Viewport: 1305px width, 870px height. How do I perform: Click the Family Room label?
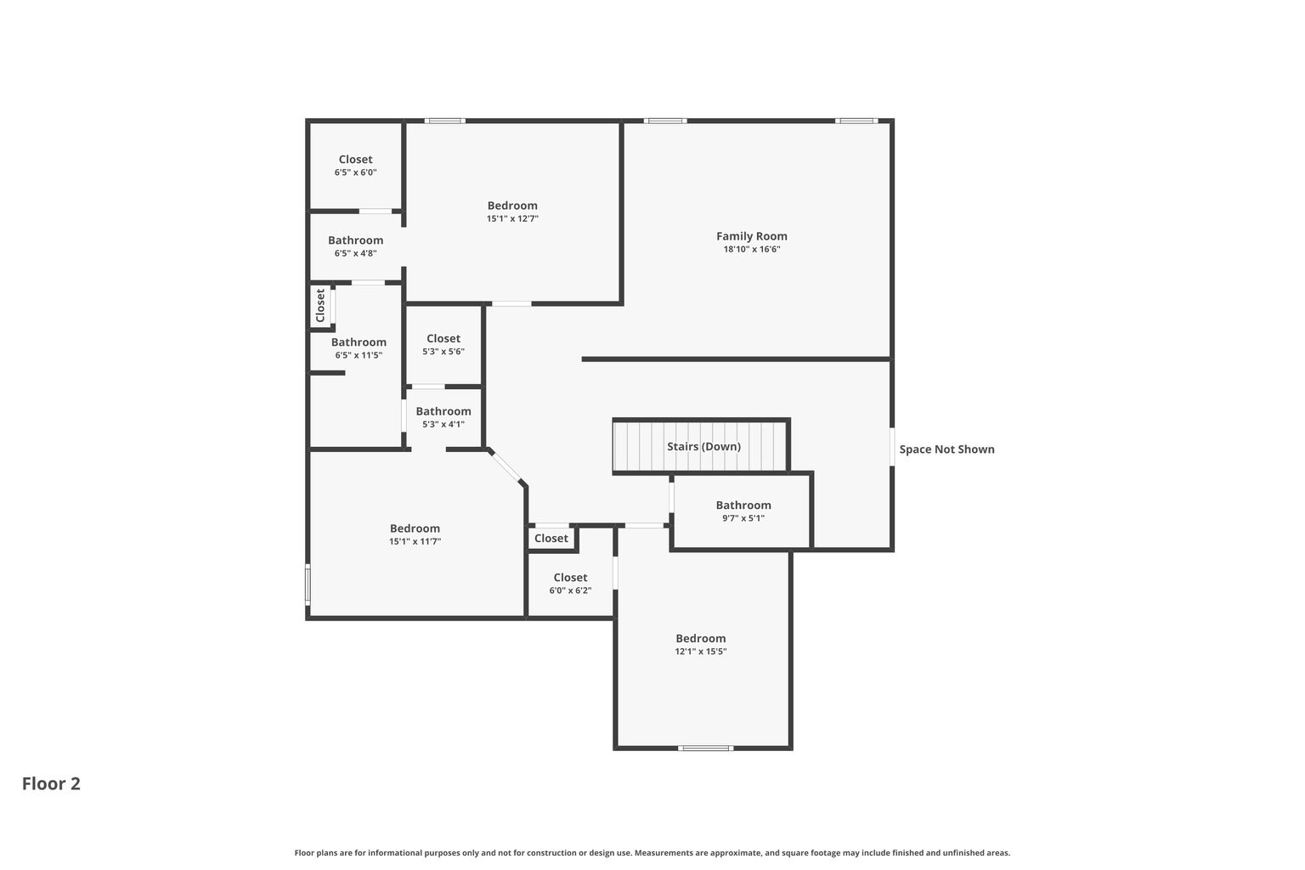[751, 236]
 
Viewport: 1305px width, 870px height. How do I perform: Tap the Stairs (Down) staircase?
[702, 446]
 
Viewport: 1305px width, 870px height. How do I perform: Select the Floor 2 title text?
[51, 783]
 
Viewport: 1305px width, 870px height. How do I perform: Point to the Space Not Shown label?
[946, 449]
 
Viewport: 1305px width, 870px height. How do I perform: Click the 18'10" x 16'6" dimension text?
[751, 250]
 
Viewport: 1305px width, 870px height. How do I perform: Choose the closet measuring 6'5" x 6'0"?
[355, 165]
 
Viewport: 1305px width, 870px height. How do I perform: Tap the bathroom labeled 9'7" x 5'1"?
[743, 511]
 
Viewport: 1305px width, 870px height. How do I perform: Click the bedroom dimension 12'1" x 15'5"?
[700, 652]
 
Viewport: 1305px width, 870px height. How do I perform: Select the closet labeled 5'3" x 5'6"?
[443, 344]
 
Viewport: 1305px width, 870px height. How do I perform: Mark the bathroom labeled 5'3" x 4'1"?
[443, 417]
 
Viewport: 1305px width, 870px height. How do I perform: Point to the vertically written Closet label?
[320, 306]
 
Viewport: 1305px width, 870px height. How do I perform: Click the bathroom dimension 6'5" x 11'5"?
[358, 356]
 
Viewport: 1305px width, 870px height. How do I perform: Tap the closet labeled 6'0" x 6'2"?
[569, 584]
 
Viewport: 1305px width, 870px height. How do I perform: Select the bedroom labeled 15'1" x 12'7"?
[511, 212]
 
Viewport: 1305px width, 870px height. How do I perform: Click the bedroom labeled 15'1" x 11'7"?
[415, 534]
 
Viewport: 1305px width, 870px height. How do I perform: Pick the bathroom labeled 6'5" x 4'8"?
[355, 246]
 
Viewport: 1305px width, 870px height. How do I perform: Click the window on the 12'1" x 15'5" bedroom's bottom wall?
[705, 749]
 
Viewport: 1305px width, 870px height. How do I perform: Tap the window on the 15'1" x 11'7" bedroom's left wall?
[308, 585]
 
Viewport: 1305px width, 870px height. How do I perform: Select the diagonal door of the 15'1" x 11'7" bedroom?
[507, 468]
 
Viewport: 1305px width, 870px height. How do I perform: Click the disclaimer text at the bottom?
[652, 853]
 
